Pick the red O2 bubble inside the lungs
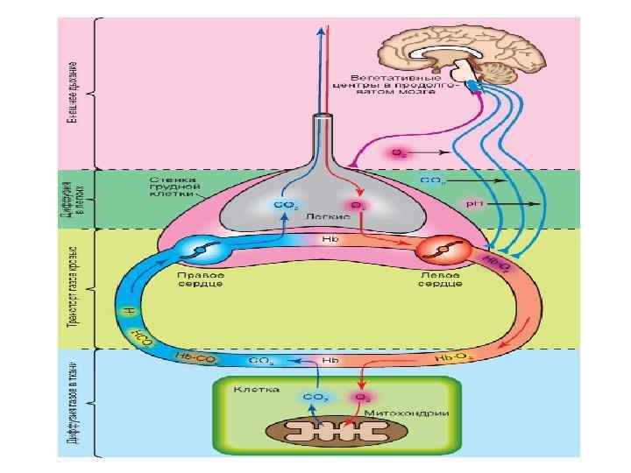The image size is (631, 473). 359,206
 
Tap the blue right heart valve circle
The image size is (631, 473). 201,251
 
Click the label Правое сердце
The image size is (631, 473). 201,283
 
